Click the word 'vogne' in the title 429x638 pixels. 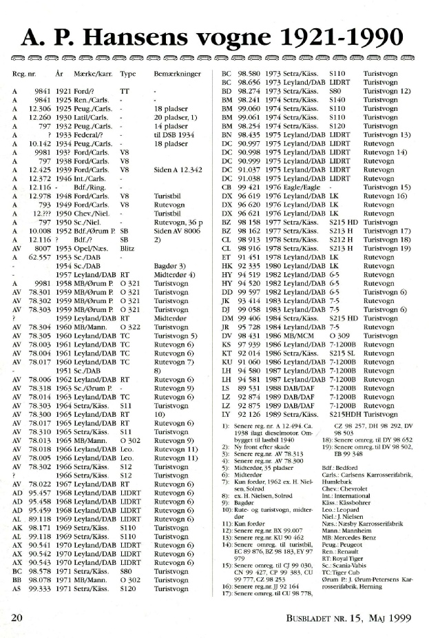(x=229, y=35)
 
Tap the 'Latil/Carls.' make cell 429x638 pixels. (x=92, y=116)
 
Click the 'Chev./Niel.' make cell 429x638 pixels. (x=92, y=215)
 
